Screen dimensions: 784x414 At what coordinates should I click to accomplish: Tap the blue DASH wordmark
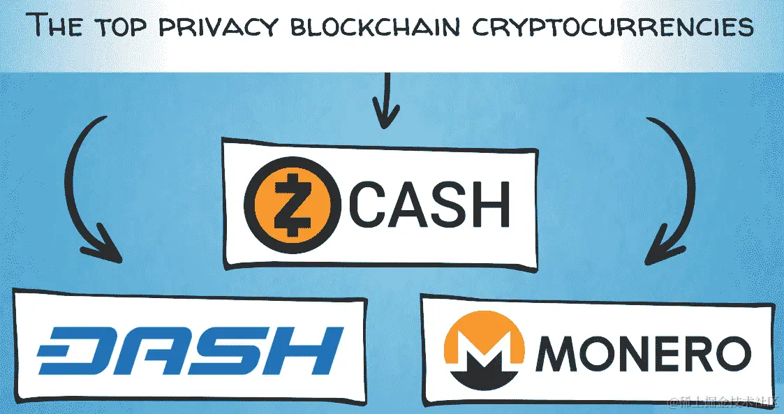[x=189, y=352]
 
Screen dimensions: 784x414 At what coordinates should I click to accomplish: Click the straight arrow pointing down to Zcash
[x=385, y=101]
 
